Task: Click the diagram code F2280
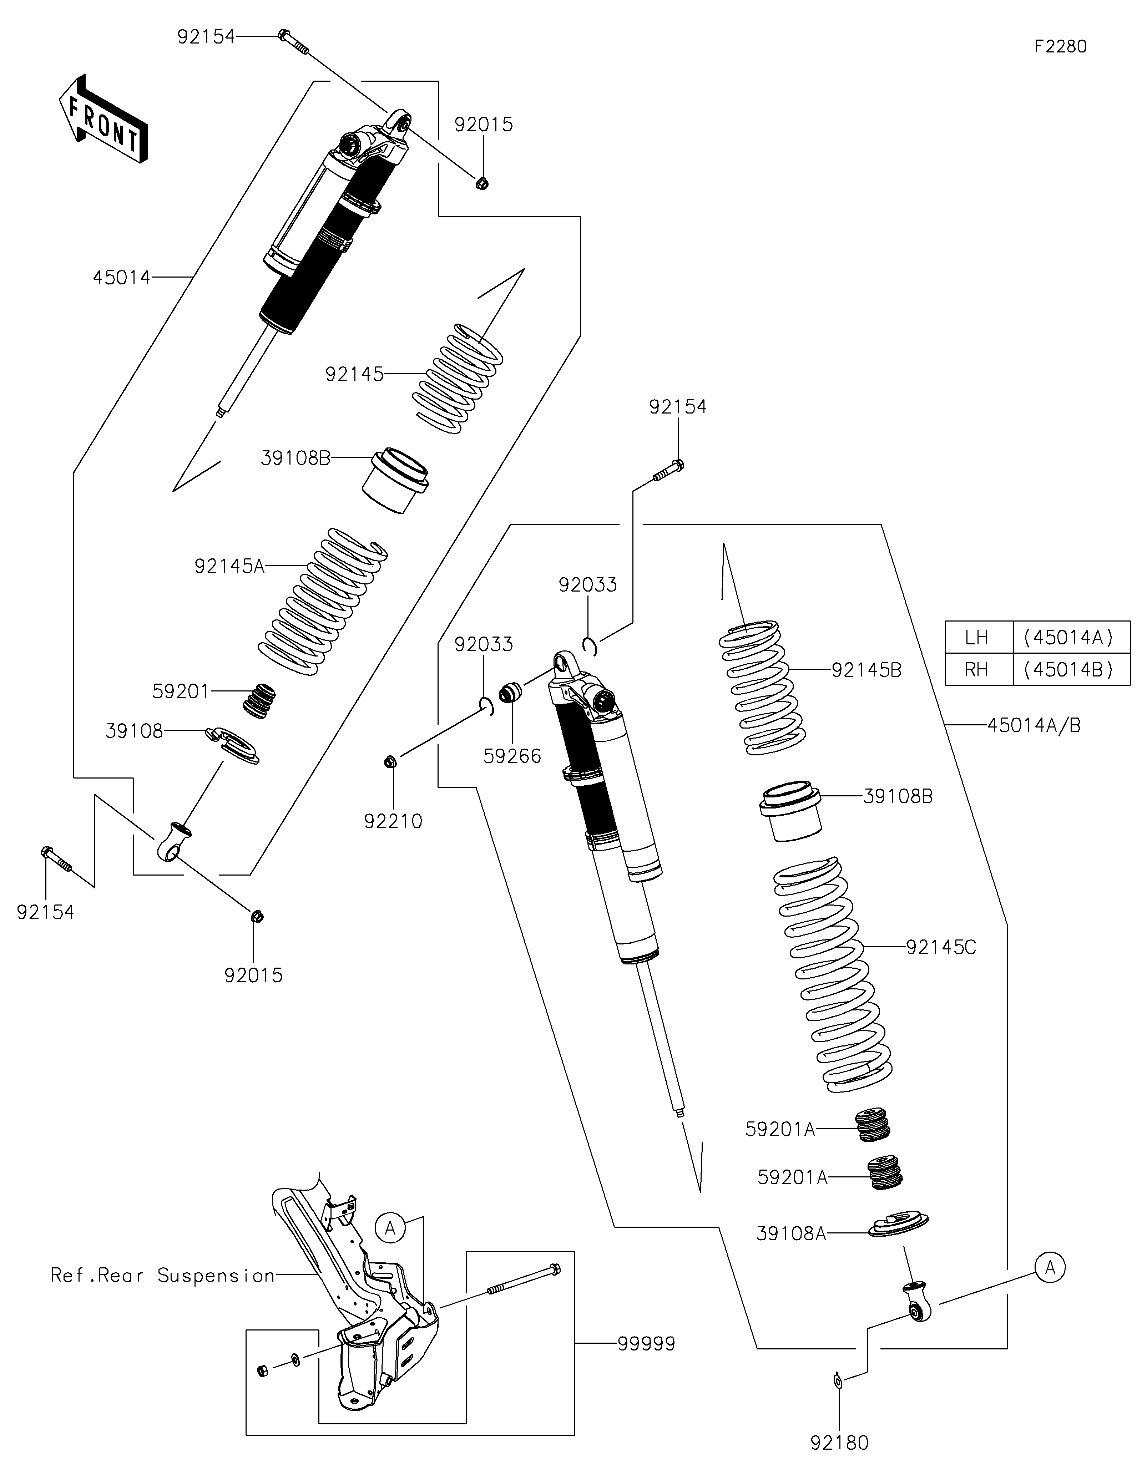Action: (x=1060, y=47)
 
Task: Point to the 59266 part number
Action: (x=512, y=756)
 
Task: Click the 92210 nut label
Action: (x=393, y=821)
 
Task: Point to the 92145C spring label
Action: (x=941, y=948)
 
